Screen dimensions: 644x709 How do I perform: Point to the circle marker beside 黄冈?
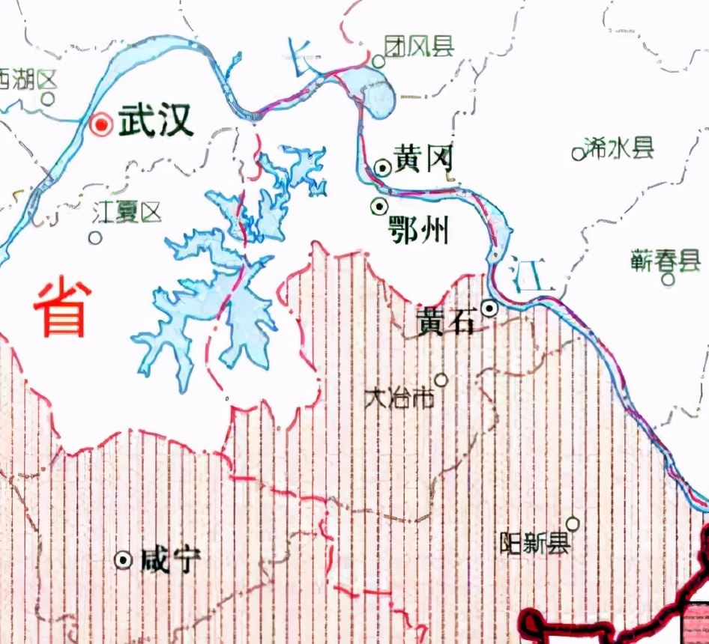click(382, 168)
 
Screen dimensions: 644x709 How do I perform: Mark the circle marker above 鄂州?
click(380, 205)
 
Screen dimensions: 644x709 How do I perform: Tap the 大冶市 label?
click(399, 398)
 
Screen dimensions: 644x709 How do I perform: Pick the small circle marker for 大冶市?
click(441, 380)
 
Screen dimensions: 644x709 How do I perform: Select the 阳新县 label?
click(535, 544)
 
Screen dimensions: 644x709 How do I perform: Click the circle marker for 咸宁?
click(123, 559)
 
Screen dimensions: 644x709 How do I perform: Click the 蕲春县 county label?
click(666, 261)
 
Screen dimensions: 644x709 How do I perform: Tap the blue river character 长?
click(304, 58)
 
